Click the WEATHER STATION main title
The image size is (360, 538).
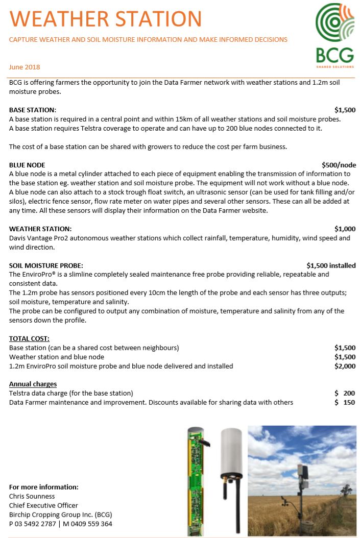click(106, 19)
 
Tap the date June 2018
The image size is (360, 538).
click(25, 67)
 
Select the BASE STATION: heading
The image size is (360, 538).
click(33, 110)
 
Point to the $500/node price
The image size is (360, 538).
click(339, 165)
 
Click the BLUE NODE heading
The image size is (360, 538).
click(27, 165)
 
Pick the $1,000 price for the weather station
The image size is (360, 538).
click(345, 229)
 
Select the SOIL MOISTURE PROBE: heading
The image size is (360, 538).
click(46, 265)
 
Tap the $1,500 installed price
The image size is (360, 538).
click(331, 265)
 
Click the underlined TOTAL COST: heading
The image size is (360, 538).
click(29, 338)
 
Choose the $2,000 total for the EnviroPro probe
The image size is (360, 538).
click(345, 366)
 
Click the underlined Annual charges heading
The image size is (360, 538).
click(33, 384)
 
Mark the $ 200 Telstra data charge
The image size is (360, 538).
click(345, 393)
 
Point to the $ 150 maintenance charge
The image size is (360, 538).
click(345, 402)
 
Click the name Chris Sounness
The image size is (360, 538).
click(32, 496)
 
